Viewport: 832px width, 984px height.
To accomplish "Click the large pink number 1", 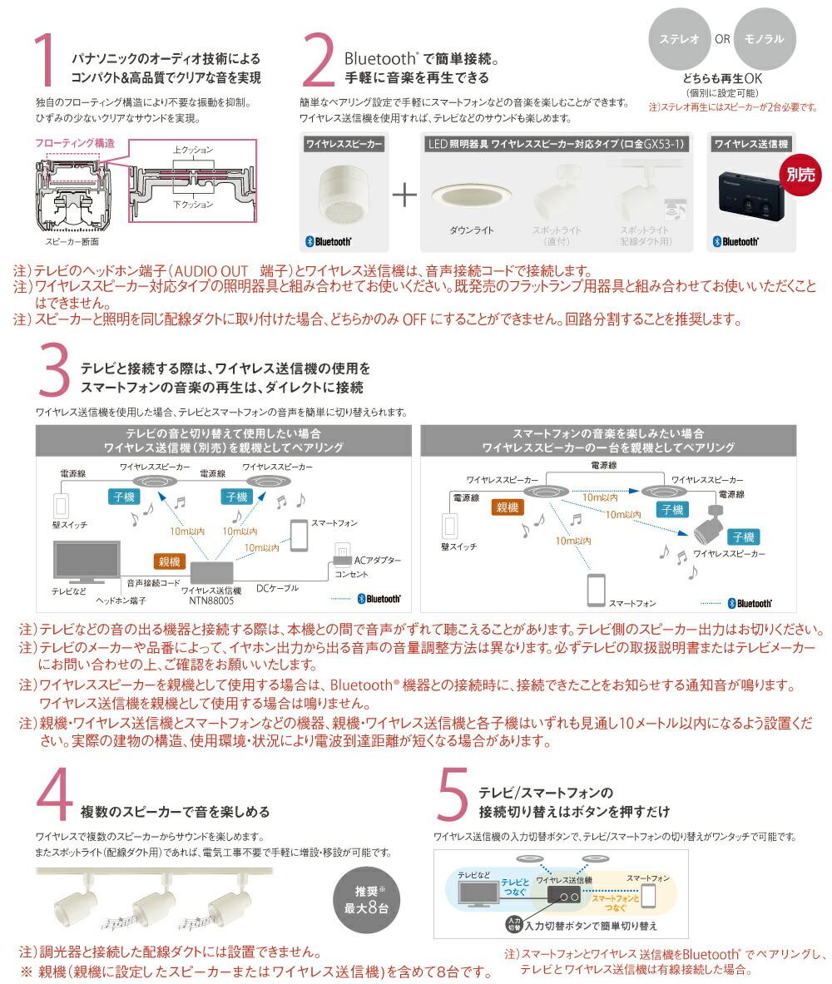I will pos(46,62).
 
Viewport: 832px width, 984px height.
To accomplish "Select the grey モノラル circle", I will pos(765,39).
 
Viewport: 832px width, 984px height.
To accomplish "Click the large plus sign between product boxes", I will pos(404,195).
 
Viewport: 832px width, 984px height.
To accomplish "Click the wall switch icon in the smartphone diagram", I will pos(450,526).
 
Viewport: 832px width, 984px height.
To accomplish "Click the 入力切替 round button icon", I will pos(513,923).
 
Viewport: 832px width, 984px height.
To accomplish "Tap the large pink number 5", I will pos(453,797).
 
